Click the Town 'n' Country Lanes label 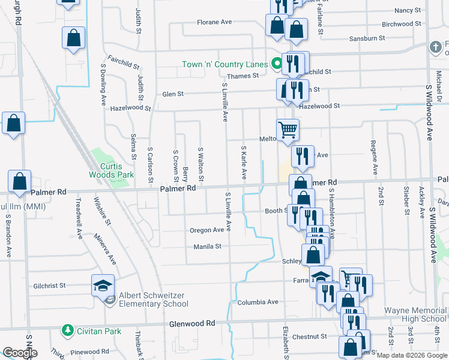tap(224, 64)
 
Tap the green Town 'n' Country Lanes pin tap(277, 62)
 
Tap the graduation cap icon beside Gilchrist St tap(103, 284)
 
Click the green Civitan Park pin tap(66, 331)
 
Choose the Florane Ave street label tap(214, 22)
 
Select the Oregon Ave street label tap(207, 230)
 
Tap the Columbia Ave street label tap(258, 302)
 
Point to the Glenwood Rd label tap(192, 323)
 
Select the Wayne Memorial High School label tap(415, 315)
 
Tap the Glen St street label tap(173, 94)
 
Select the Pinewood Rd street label tap(89, 352)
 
